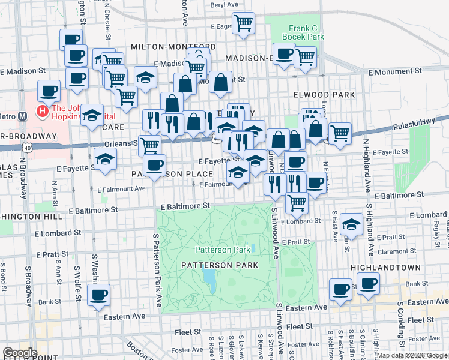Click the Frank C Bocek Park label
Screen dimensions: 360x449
306,32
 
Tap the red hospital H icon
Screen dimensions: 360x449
42,111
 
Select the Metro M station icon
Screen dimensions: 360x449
22,116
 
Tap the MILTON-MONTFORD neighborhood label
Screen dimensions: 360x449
173,47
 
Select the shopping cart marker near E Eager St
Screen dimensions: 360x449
243,23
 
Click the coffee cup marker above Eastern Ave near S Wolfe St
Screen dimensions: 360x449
98,295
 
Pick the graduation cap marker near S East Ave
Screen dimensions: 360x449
351,224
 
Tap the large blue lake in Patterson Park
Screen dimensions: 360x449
209,277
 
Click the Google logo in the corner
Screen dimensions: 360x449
20,353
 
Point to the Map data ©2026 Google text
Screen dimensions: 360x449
412,355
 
